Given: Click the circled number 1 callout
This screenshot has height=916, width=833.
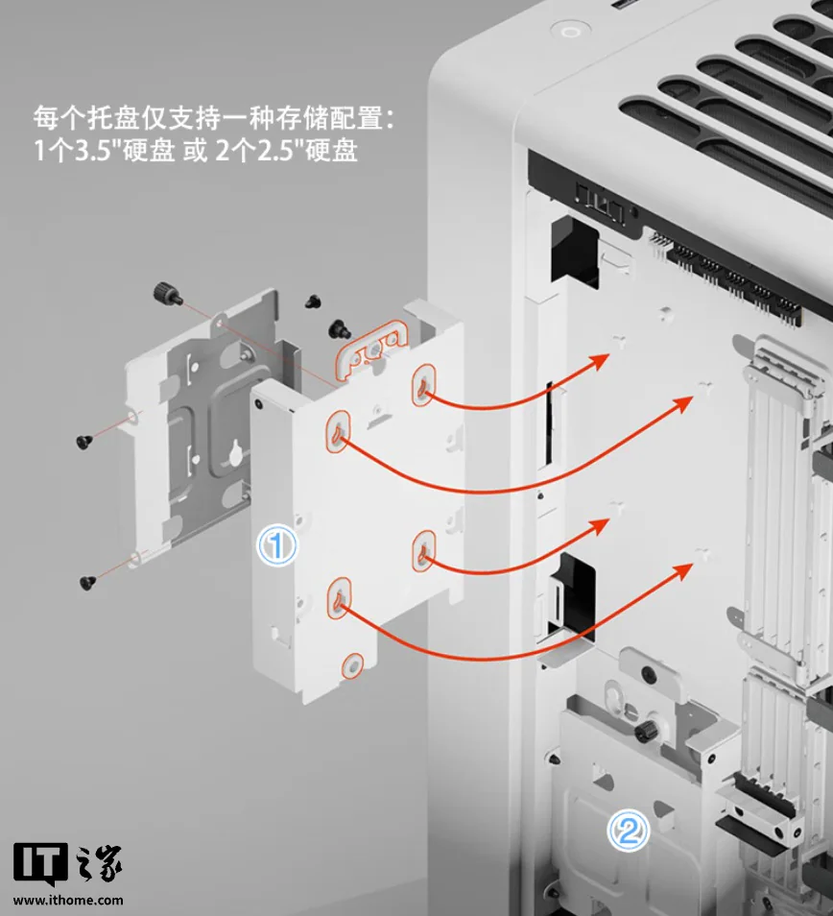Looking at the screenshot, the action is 277,545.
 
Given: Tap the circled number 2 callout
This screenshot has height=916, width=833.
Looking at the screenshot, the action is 628,831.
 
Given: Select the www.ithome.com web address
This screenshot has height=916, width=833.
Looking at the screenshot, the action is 68,901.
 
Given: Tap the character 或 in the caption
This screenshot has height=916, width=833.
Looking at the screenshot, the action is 195,152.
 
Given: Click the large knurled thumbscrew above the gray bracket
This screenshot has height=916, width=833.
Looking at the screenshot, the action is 163,293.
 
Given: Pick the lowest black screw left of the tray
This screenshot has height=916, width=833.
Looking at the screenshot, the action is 87,582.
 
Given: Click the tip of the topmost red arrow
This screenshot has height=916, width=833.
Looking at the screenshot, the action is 608,355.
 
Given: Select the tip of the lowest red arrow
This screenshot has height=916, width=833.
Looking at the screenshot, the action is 693,565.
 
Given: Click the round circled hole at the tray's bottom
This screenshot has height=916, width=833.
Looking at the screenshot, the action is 352,666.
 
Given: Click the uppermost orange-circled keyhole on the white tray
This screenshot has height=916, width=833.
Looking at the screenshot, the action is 424,384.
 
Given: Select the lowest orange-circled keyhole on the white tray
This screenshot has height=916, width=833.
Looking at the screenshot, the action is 340,597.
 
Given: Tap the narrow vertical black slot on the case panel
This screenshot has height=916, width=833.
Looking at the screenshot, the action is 549,422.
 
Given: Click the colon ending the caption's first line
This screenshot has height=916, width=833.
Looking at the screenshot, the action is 390,119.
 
